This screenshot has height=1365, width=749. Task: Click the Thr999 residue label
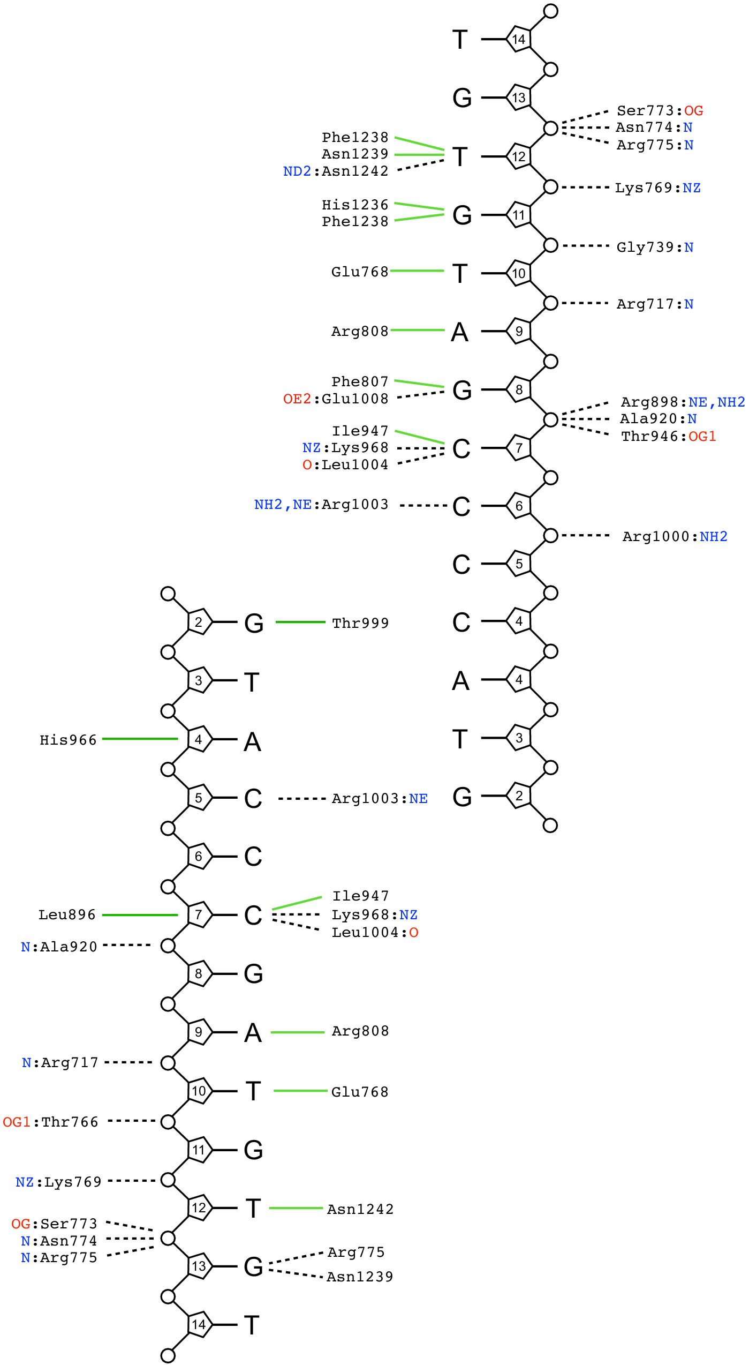(x=360, y=623)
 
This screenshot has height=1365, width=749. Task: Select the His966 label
(x=68, y=740)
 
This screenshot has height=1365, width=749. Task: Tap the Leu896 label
(x=67, y=914)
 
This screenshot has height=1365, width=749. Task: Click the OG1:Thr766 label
(x=51, y=1122)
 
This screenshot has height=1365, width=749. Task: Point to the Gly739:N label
(x=655, y=247)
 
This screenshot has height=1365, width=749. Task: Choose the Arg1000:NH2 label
(x=675, y=536)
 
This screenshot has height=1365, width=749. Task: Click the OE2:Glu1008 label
(x=336, y=399)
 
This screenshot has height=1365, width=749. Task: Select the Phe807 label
(x=360, y=381)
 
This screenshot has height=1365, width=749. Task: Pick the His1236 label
(x=355, y=205)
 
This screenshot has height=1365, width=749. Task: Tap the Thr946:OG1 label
(x=668, y=436)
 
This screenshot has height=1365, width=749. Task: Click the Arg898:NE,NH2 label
(x=683, y=402)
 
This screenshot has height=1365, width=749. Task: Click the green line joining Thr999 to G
(x=300, y=622)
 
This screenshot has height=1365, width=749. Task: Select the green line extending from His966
(x=139, y=739)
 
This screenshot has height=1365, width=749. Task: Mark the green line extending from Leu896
(x=139, y=915)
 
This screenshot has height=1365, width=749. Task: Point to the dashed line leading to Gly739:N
(x=586, y=246)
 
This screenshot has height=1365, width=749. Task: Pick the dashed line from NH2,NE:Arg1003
(x=423, y=505)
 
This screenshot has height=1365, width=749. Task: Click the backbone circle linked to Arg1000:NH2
(x=550, y=535)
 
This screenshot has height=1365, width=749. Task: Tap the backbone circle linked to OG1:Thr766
(x=168, y=1121)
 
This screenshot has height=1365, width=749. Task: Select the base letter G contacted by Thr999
(x=254, y=623)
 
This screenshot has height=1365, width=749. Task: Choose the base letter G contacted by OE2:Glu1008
(x=462, y=390)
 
